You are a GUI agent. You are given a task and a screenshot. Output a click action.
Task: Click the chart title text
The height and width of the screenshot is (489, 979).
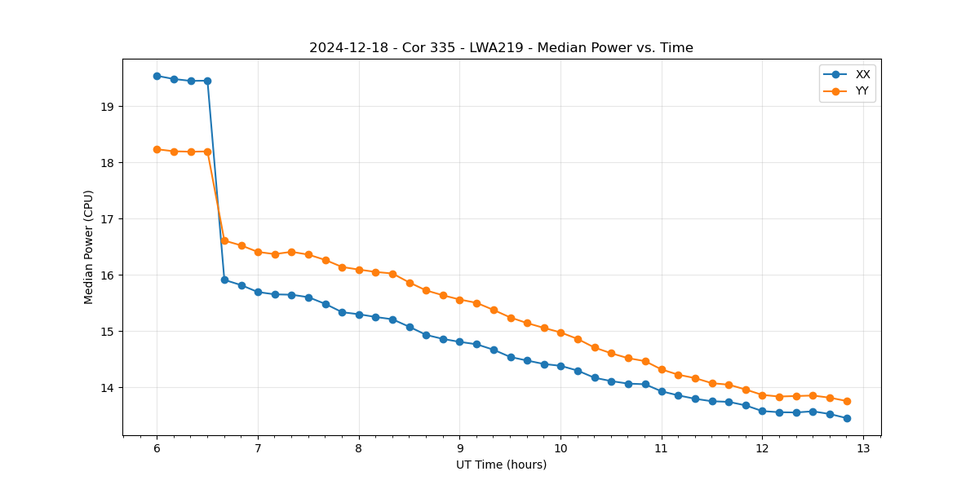click(501, 48)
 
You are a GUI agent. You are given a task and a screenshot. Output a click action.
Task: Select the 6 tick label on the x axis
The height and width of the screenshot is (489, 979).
click(157, 449)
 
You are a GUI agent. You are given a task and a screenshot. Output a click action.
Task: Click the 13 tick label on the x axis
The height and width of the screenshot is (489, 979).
click(863, 449)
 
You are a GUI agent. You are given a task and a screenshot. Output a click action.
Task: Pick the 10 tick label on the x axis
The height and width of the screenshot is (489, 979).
click(560, 449)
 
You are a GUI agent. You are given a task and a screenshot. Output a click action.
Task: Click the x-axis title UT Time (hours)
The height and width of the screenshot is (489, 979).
click(501, 465)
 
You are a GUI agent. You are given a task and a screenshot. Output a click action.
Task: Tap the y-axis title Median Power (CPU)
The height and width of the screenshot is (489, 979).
click(89, 247)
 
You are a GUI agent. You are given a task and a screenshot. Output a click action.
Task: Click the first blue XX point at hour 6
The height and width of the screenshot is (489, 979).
click(157, 76)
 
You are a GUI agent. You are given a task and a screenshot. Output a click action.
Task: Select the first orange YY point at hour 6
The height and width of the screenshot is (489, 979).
click(157, 149)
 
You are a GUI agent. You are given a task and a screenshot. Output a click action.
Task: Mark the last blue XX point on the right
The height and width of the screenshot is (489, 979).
click(847, 418)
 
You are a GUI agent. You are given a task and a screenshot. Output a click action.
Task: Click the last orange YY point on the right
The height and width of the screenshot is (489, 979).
click(847, 401)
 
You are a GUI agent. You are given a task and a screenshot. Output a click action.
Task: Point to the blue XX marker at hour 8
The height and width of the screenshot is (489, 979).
click(359, 315)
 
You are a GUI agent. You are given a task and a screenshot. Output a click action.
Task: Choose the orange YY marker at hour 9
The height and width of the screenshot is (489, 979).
click(459, 300)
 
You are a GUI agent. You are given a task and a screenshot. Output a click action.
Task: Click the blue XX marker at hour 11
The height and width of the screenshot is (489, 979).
click(662, 391)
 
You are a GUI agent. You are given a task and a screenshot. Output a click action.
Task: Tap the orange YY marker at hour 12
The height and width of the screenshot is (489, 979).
click(762, 395)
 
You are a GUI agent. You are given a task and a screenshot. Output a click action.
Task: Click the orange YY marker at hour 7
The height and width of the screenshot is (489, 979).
click(258, 252)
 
